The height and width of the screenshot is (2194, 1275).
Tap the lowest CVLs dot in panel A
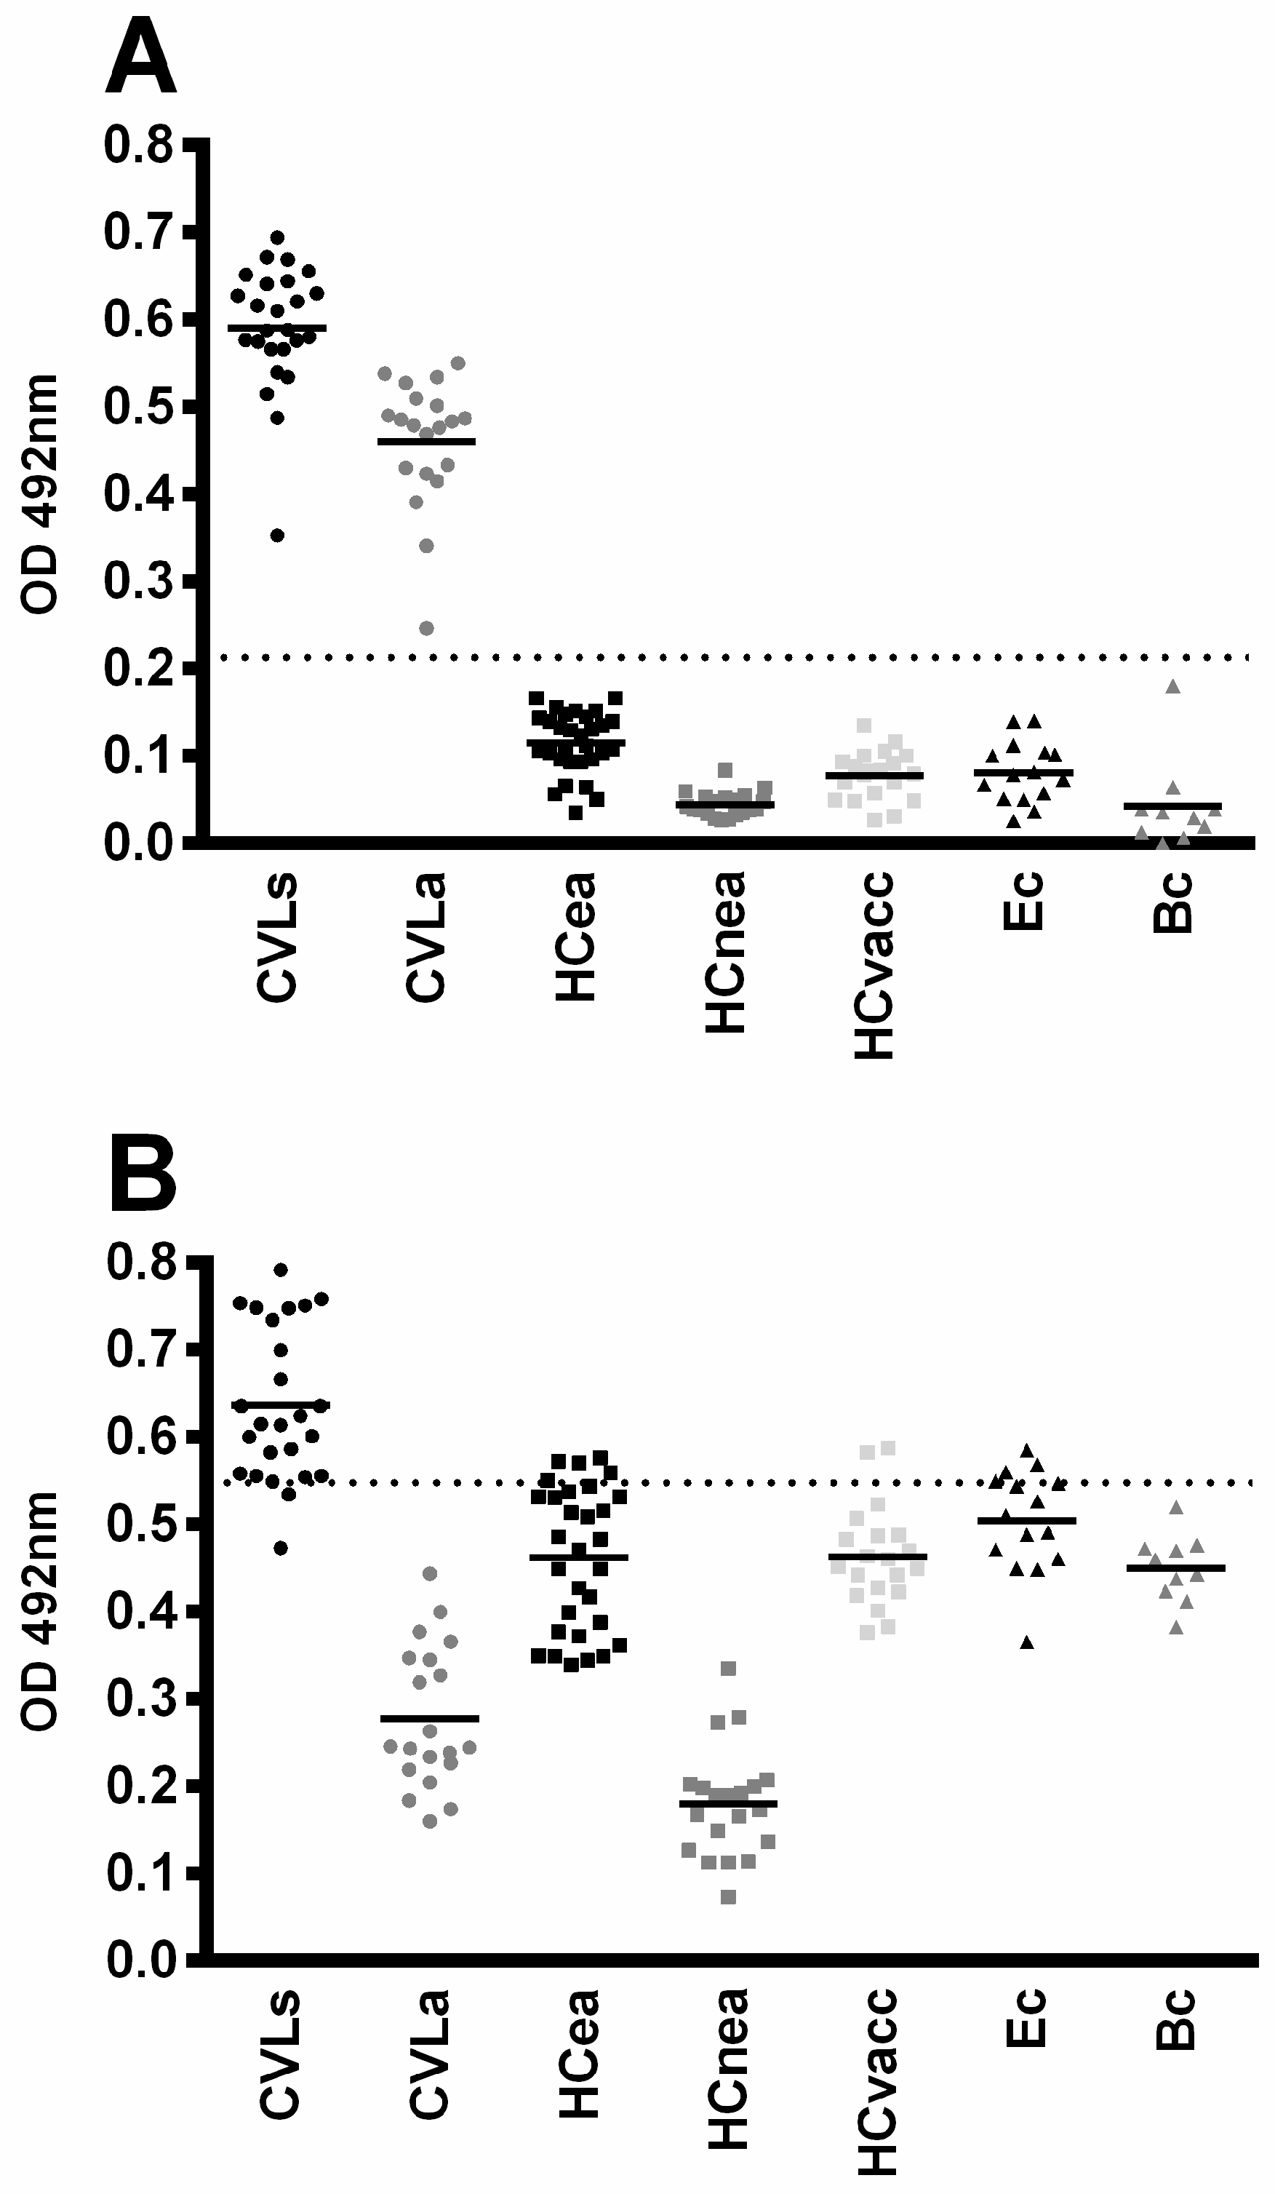click(x=278, y=536)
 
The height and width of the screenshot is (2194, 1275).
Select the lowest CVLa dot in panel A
click(x=426, y=629)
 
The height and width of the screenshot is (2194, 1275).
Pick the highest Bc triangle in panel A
click(x=1172, y=687)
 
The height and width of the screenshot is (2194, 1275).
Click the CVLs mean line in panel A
click(x=277, y=327)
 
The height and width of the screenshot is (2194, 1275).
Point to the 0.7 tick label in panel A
click(x=138, y=234)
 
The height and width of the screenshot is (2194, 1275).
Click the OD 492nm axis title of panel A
click(x=39, y=495)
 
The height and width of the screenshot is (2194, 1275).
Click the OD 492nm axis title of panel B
click(x=39, y=1610)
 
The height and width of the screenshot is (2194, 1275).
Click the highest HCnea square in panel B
click(x=730, y=1669)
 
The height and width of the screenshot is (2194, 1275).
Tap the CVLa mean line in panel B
click(x=430, y=1719)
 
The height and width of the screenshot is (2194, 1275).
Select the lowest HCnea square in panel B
click(x=730, y=1897)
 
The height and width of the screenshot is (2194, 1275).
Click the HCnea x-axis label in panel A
click(x=725, y=953)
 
